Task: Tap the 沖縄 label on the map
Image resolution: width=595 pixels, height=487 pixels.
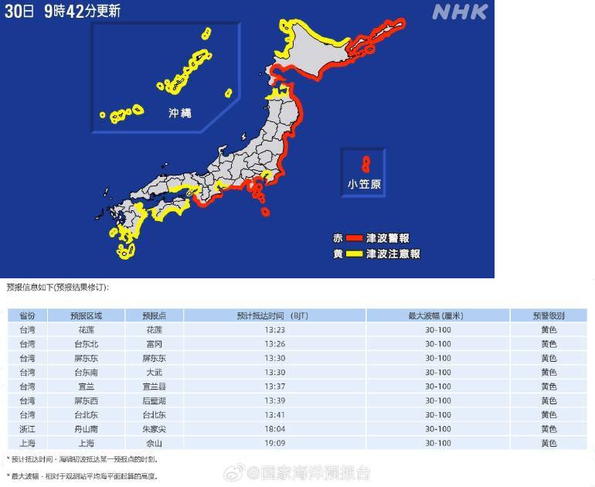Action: tap(179, 113)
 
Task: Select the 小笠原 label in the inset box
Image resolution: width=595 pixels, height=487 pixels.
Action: tap(364, 184)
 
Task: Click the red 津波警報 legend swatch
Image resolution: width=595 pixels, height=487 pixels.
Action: tap(354, 238)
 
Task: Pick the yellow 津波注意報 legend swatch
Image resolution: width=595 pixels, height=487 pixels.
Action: tap(354, 253)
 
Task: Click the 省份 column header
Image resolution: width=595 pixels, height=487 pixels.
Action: tap(27, 315)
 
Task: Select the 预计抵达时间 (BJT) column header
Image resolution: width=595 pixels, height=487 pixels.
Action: tap(274, 315)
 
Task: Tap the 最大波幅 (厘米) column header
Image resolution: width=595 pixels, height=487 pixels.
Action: tap(437, 315)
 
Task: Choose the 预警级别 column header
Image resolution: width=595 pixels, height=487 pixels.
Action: tap(548, 315)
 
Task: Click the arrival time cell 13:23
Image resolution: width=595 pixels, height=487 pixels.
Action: tap(274, 329)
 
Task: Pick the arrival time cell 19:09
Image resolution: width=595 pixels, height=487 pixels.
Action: tap(274, 443)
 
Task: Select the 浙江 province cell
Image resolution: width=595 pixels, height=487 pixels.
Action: tap(27, 428)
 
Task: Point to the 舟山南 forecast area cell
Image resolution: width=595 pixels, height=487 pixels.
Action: tap(86, 428)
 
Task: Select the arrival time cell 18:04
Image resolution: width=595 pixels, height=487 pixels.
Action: tap(274, 428)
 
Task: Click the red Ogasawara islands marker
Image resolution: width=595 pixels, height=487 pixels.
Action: tap(365, 164)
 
